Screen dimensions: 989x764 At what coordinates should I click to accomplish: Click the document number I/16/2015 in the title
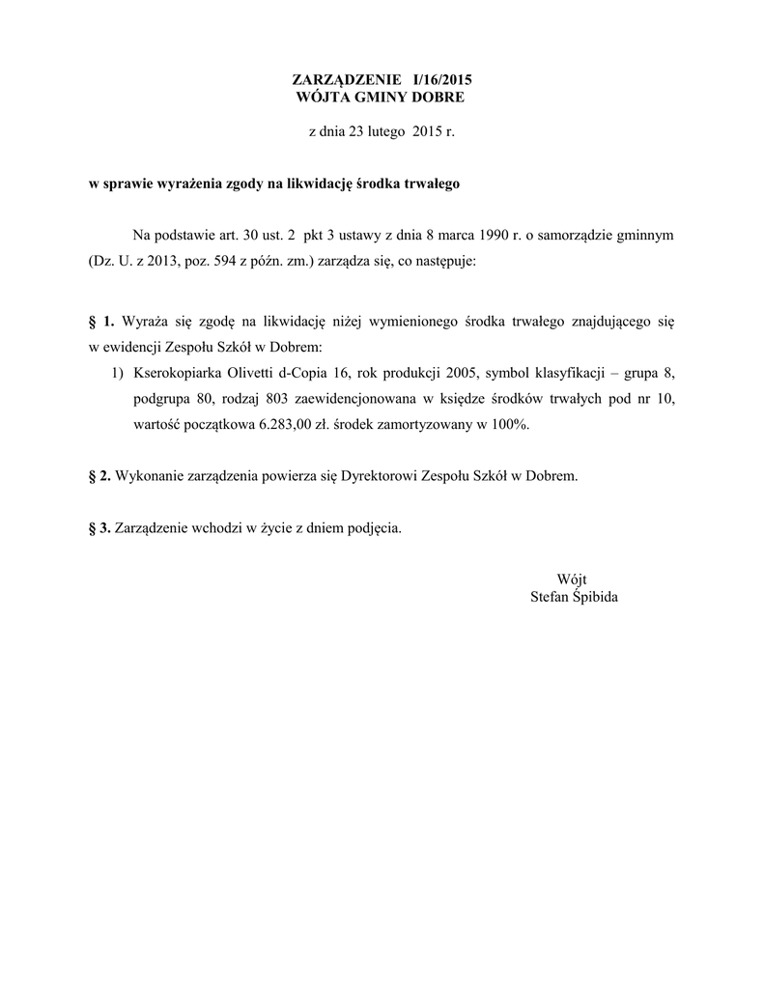[x=441, y=80]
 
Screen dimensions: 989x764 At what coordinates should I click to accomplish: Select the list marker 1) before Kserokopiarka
[x=119, y=372]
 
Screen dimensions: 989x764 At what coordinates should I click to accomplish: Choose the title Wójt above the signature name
[x=573, y=579]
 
